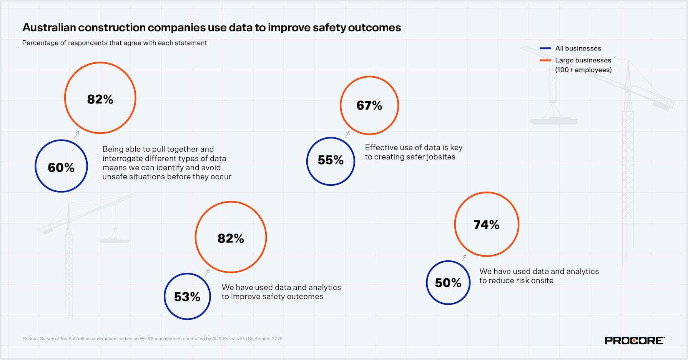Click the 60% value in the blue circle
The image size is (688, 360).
tap(61, 167)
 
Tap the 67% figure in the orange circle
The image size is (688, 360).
tap(369, 105)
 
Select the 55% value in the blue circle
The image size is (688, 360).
tap(331, 160)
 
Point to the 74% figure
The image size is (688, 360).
tap(486, 225)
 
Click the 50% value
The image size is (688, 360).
tap(448, 283)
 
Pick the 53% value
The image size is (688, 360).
tap(187, 297)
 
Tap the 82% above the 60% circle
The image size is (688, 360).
tap(100, 99)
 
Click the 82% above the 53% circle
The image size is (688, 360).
tap(231, 238)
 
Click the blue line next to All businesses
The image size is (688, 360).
tap(545, 48)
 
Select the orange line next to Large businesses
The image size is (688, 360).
tap(545, 60)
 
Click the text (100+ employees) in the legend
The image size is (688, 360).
tap(583, 70)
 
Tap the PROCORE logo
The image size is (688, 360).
tap(634, 340)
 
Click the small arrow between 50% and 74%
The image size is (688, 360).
tap(464, 258)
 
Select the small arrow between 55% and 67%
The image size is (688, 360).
tap(347, 134)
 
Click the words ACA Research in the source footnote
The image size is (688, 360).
tap(227, 339)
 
